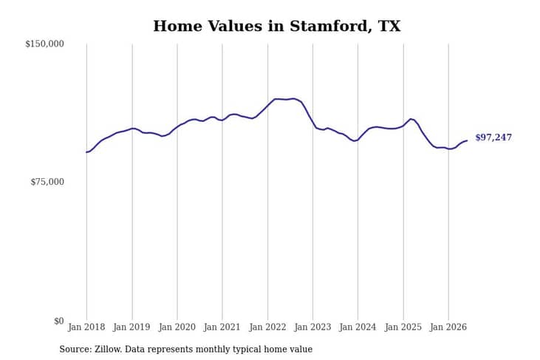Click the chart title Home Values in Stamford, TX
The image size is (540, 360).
tap(277, 26)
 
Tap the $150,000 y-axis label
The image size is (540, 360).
tap(45, 44)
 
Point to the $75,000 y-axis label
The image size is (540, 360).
tap(47, 182)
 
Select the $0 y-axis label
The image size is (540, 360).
tap(59, 321)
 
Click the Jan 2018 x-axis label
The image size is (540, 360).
tap(86, 327)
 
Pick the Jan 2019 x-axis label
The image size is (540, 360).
tap(131, 327)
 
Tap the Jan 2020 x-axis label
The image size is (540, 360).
tap(177, 327)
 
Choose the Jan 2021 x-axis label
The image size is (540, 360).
tap(222, 327)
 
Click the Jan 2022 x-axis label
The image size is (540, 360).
tap(267, 327)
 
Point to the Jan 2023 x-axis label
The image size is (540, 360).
tap(312, 327)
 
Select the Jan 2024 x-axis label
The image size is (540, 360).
tap(358, 327)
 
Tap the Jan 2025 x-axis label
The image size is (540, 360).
tap(403, 327)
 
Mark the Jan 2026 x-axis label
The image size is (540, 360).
tap(448, 327)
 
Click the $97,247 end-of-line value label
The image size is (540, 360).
tap(493, 137)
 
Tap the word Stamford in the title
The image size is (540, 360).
tap(331, 26)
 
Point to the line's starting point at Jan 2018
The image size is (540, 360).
tap(86, 152)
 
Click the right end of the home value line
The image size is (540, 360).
tap(467, 140)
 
